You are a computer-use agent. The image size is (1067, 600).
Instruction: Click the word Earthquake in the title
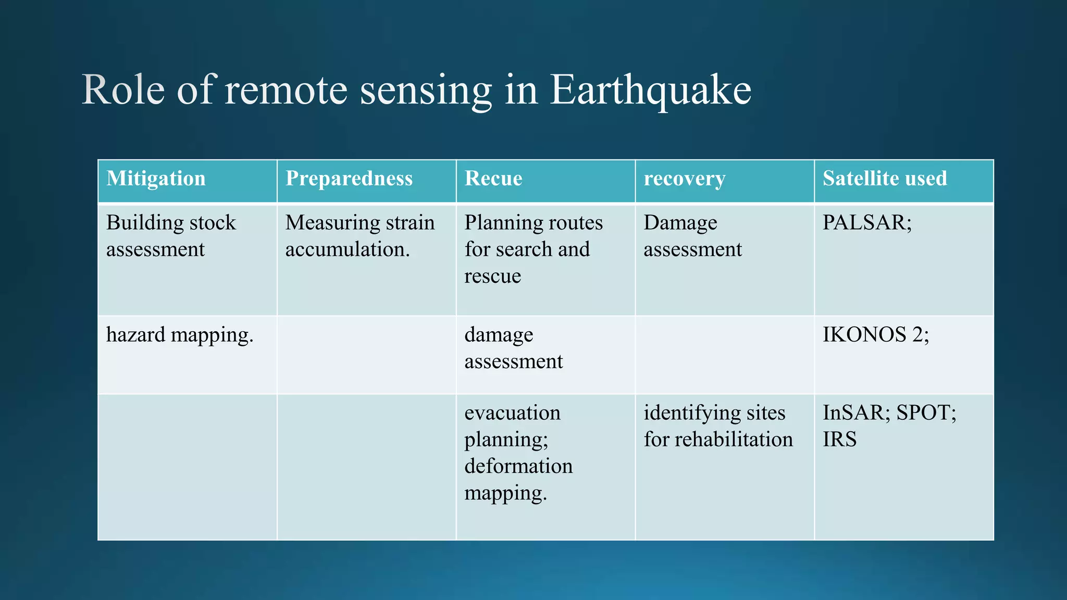coord(650,90)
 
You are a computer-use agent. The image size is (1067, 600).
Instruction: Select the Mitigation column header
coord(156,179)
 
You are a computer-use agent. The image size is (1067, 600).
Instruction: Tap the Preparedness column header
coord(349,179)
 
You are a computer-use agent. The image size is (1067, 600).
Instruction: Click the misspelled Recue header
coord(493,179)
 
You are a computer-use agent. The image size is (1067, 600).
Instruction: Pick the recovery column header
coord(684,179)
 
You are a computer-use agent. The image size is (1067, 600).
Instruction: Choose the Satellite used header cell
coord(884,179)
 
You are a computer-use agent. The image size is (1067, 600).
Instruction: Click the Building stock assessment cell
coord(171,236)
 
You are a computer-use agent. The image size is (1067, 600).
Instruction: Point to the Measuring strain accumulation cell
coord(359,236)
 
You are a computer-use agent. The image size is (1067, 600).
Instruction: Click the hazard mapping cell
coord(180,334)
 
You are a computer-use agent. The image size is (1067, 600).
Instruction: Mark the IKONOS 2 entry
coord(875,334)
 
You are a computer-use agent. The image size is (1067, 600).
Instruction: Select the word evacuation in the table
coord(512,413)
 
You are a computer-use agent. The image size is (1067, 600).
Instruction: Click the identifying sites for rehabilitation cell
coord(717,426)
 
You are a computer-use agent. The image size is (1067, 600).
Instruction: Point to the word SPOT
coord(925,413)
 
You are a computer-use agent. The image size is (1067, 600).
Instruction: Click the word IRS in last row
coord(839,440)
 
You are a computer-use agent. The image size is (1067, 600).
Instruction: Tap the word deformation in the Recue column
coord(518,466)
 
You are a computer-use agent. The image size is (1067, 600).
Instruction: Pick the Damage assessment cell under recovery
coord(692,236)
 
